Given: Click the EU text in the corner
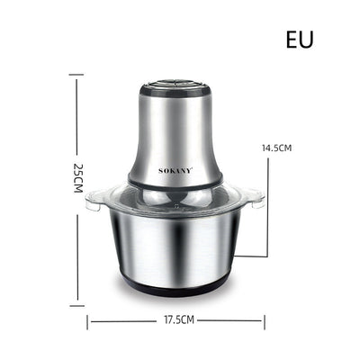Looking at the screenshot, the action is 300,40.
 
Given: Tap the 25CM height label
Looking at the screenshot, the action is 78,177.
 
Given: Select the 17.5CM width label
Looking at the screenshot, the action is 179,320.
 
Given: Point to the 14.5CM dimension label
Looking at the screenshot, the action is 276,148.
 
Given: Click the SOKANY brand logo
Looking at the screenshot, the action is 175,171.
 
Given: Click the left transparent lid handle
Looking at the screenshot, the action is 94,199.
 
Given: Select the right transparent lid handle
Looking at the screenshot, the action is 256,198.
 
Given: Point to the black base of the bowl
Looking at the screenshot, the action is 175,285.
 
